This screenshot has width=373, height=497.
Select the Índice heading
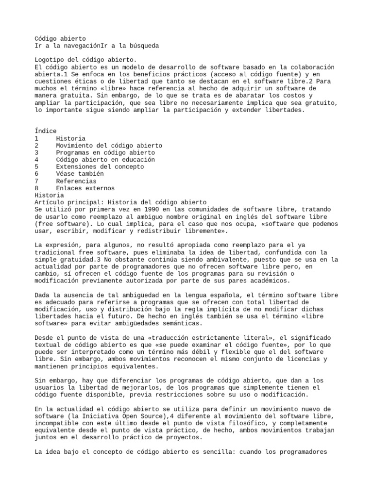pos(46,131)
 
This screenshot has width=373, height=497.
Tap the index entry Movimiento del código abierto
pos(109,146)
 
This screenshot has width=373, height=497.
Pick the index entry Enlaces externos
pos(85,188)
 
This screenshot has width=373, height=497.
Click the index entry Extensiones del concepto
pos(100,166)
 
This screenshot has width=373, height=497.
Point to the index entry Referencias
pos(76,181)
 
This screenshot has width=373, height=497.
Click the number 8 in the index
pos(37,188)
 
